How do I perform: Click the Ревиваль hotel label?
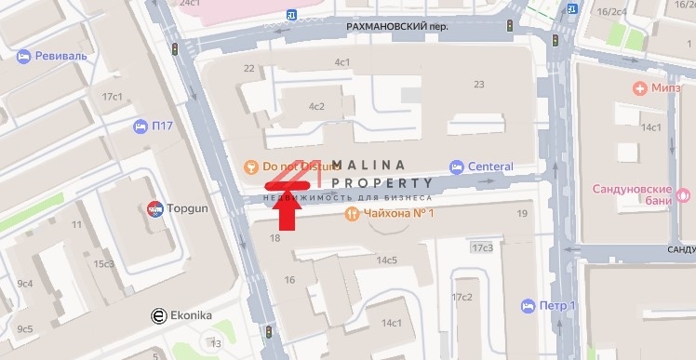[x=60, y=56]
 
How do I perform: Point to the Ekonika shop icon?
[x=160, y=315]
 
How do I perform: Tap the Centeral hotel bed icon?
[x=457, y=167]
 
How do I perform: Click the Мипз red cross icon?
[x=639, y=88]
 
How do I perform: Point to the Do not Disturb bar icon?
[x=249, y=167]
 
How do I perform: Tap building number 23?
[x=479, y=85]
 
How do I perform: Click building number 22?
[x=248, y=68]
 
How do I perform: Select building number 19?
[x=522, y=214]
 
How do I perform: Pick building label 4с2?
[x=316, y=106]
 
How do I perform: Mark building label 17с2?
[x=462, y=297]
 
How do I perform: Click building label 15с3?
[x=102, y=264]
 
